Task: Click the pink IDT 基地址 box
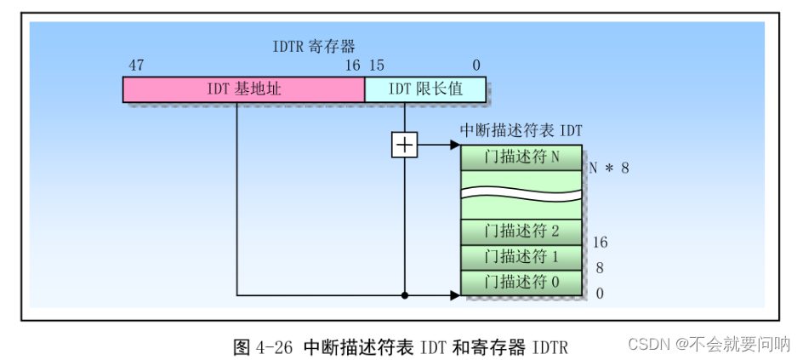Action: pyautogui.click(x=243, y=89)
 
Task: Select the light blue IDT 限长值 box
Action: pyautogui.click(x=425, y=89)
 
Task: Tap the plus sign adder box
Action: pyautogui.click(x=404, y=145)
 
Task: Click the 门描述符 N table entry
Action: pyautogui.click(x=521, y=157)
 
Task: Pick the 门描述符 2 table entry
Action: pyautogui.click(x=521, y=231)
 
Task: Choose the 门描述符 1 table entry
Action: pyautogui.click(x=521, y=257)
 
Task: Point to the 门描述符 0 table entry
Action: pyautogui.click(x=521, y=283)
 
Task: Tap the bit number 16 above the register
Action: pyautogui.click(x=352, y=66)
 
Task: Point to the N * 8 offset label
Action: pyautogui.click(x=610, y=168)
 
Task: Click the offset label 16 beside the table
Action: pyautogui.click(x=600, y=243)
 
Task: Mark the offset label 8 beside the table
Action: pyautogui.click(x=600, y=268)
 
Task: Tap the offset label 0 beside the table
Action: pyautogui.click(x=600, y=294)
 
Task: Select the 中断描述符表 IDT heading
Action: pyautogui.click(x=521, y=130)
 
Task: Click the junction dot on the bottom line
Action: pyautogui.click(x=404, y=295)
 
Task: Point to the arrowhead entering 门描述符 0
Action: pyautogui.click(x=455, y=295)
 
